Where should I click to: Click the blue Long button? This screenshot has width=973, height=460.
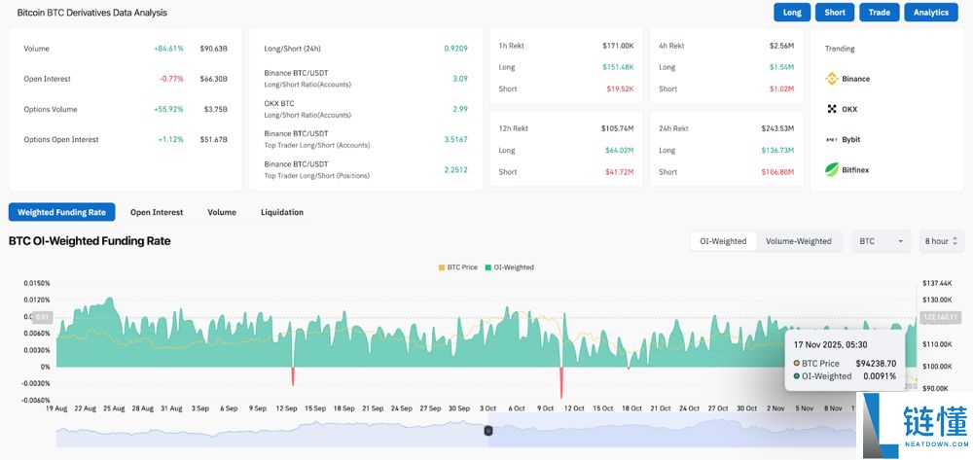tap(792, 13)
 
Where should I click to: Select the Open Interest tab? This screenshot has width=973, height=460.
tap(157, 212)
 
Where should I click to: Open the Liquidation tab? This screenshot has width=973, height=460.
tap(282, 212)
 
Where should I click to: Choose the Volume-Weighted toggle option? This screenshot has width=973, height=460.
tap(798, 241)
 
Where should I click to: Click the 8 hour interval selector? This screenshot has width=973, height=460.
tap(942, 241)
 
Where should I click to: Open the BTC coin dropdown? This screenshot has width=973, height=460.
tap(882, 241)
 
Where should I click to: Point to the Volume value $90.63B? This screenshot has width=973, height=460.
tap(213, 48)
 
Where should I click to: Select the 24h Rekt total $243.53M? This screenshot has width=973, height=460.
tap(777, 127)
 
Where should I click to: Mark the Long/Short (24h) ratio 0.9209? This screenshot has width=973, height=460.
tap(455, 48)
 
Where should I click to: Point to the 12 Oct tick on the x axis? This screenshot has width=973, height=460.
tap(574, 408)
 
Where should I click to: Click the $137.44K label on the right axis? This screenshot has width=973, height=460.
tap(936, 283)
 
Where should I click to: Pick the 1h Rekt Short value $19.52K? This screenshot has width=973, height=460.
tap(620, 88)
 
